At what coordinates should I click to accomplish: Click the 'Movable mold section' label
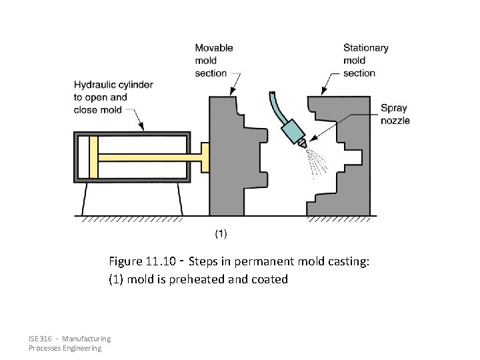(x=213, y=60)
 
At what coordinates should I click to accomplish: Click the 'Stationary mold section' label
(x=365, y=60)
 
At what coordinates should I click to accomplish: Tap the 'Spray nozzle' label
(x=395, y=114)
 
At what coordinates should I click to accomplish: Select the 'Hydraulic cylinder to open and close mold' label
(x=113, y=97)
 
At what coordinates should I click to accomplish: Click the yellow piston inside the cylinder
(x=93, y=157)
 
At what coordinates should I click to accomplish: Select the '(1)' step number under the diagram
(x=221, y=233)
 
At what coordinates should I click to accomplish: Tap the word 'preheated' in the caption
(x=197, y=279)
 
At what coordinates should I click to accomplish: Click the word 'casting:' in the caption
(x=346, y=262)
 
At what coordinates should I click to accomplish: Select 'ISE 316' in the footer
(x=40, y=339)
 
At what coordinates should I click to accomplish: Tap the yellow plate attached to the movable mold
(x=205, y=158)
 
